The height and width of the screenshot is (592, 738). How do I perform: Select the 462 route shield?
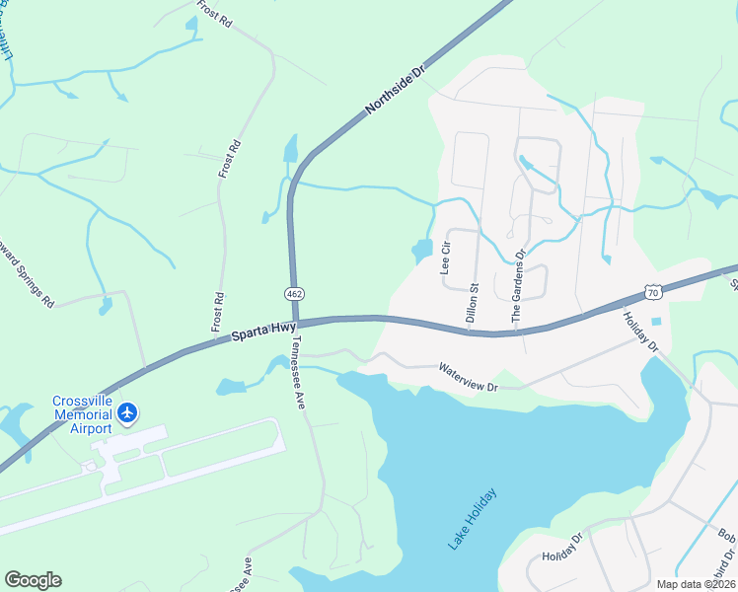pos(293,294)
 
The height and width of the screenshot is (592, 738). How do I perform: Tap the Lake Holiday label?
pos(473,517)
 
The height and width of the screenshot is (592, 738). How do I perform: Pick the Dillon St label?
pos(472,303)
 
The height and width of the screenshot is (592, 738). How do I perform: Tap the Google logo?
pos(33,580)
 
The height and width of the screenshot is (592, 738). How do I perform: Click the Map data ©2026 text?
pos(695,584)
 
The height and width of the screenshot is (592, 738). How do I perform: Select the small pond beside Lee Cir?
pos(422,251)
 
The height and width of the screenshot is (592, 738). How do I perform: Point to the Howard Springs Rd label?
pos(31,275)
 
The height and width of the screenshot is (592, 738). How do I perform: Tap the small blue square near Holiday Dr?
pos(657,322)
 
